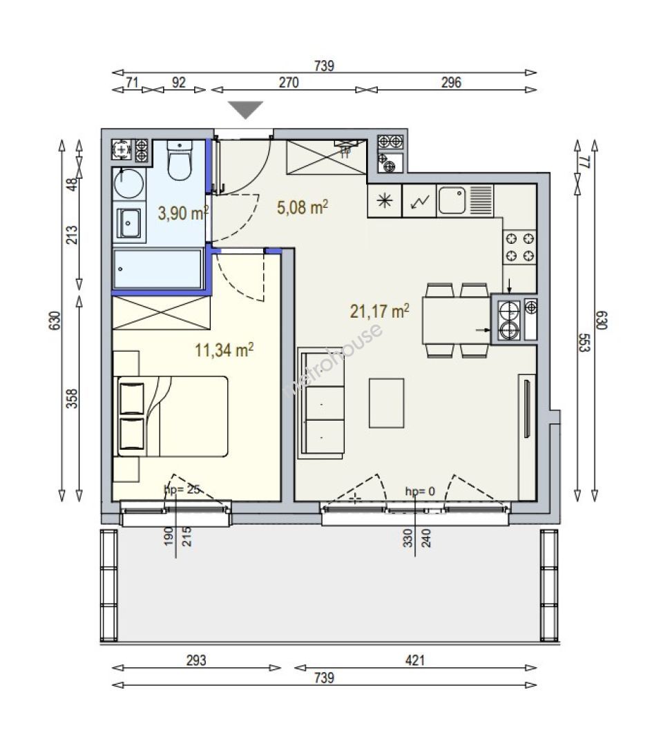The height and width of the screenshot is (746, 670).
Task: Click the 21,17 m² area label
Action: (x=379, y=311)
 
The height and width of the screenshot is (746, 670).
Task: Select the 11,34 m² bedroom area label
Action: (x=224, y=350)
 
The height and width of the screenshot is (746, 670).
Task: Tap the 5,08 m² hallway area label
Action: (x=302, y=207)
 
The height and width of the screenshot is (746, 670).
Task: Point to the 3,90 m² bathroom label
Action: (x=183, y=213)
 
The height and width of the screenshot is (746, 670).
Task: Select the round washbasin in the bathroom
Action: (x=129, y=182)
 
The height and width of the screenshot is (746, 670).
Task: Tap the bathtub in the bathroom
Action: (x=157, y=269)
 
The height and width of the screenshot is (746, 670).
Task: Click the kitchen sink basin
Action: (x=452, y=200)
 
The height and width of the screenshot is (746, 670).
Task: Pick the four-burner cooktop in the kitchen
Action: (x=519, y=247)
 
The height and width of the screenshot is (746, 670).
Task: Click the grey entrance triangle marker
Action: (x=245, y=109)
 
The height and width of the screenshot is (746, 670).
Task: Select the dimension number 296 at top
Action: (x=450, y=82)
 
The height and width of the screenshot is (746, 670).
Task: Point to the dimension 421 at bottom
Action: (x=415, y=660)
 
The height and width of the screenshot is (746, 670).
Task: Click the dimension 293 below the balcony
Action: (x=196, y=660)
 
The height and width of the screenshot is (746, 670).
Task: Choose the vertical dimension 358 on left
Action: (x=71, y=399)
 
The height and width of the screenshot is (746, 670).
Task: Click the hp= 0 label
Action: (x=420, y=492)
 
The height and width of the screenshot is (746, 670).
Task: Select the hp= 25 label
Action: (x=182, y=489)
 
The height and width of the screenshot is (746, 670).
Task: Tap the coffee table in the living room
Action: (x=386, y=403)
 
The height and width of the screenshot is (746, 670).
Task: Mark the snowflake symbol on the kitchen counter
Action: (x=385, y=201)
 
